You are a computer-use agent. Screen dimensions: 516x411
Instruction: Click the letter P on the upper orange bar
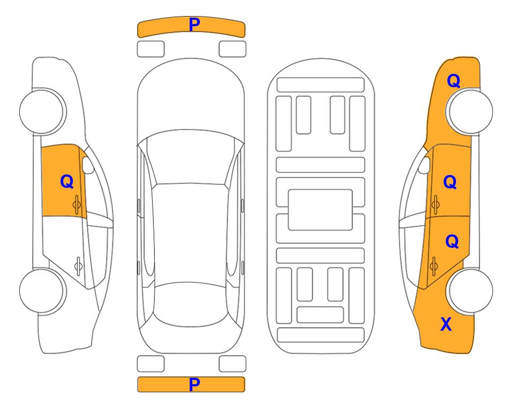tap(194, 25)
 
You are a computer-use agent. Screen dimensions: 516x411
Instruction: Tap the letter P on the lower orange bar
tap(194, 384)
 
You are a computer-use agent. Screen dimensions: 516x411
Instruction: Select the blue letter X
tap(446, 324)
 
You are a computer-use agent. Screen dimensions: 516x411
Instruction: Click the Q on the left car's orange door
tap(67, 181)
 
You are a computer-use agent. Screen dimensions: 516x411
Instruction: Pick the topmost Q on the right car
tap(453, 81)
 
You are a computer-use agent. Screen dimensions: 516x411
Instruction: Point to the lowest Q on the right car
tap(452, 242)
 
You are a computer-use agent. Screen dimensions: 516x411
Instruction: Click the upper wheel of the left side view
tap(42, 111)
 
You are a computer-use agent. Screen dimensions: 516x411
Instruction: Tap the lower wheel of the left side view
tap(42, 291)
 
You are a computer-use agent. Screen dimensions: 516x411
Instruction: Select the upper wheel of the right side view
tap(470, 111)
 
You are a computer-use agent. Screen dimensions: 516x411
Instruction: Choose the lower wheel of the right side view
tap(470, 291)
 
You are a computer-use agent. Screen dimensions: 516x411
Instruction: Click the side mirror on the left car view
tap(87, 165)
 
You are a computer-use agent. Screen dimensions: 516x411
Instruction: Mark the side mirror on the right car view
tap(424, 165)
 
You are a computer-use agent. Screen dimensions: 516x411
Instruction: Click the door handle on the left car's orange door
tap(77, 204)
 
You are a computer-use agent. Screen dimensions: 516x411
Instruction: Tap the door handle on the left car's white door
tap(78, 265)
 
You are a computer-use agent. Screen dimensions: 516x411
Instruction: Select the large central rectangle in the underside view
tap(320, 210)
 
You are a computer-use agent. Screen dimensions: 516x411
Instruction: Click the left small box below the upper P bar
tap(151, 49)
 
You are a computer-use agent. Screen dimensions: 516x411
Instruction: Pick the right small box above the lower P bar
tap(233, 364)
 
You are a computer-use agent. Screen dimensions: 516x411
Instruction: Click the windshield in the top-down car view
tap(191, 158)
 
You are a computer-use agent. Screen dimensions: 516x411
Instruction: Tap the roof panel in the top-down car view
tap(190, 234)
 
